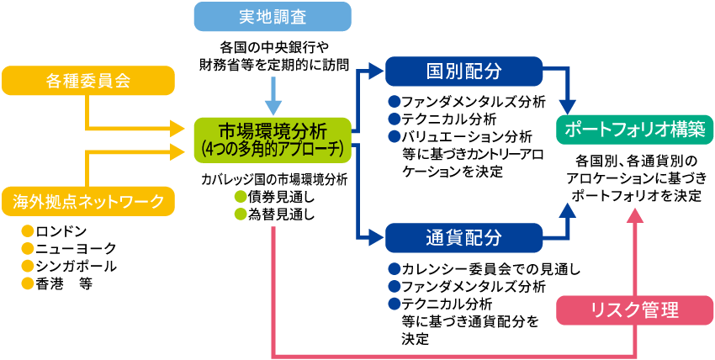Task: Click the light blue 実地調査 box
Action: coord(272,17)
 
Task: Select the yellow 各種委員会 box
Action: coord(88,81)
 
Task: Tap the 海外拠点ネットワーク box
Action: coord(88,201)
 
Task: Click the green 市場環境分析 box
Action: coord(272,132)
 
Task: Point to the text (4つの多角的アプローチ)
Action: coord(272,150)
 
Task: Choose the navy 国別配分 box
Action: coord(463,71)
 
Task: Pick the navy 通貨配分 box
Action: coord(463,238)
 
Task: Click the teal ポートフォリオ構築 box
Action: coord(635,130)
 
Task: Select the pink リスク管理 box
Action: coord(635,310)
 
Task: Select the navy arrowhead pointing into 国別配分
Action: coord(375,71)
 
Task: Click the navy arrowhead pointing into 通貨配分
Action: coord(375,238)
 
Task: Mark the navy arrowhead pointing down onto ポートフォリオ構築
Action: coord(568,107)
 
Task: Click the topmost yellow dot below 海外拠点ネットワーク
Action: coord(28,230)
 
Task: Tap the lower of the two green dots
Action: coord(241,214)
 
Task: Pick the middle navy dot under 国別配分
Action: coord(395,119)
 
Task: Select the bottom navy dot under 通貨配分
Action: coord(395,304)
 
